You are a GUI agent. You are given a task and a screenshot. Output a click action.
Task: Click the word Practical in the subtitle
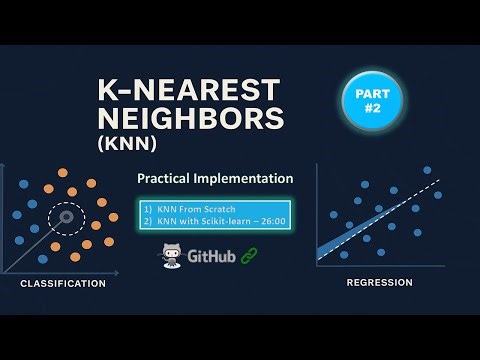coord(177,179)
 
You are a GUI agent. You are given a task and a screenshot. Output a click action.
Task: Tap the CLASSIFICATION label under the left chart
coord(62,284)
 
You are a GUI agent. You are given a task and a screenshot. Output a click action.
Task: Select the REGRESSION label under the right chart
coord(379,283)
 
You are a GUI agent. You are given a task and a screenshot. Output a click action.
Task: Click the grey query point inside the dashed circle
coord(66,215)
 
